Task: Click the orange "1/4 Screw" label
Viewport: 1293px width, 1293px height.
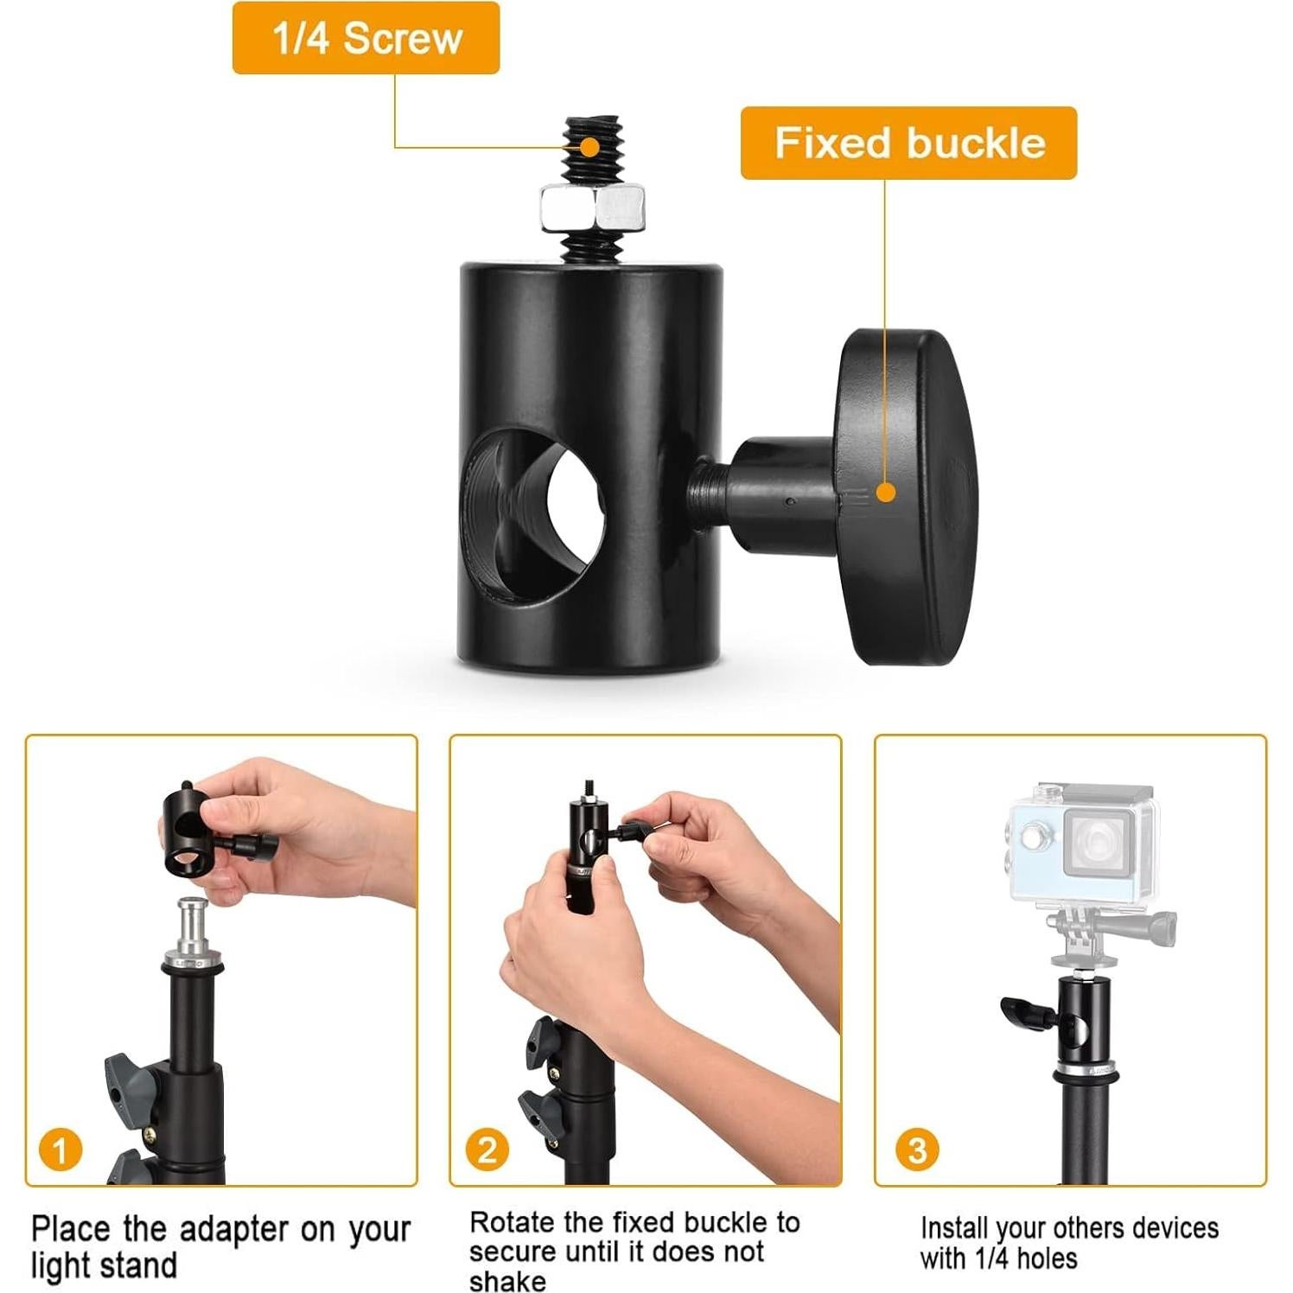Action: (366, 39)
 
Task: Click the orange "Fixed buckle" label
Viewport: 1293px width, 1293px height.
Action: (908, 143)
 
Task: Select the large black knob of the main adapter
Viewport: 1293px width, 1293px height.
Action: (903, 497)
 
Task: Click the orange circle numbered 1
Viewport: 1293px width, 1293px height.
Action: (61, 1150)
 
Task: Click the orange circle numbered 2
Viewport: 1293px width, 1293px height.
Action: (487, 1150)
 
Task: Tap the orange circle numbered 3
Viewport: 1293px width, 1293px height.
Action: (917, 1150)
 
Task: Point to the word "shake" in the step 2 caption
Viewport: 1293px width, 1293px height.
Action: (507, 1281)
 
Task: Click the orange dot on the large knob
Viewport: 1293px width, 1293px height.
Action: (885, 493)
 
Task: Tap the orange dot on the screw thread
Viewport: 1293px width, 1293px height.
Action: (590, 146)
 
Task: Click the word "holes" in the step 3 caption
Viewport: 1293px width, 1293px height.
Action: (1047, 1258)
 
